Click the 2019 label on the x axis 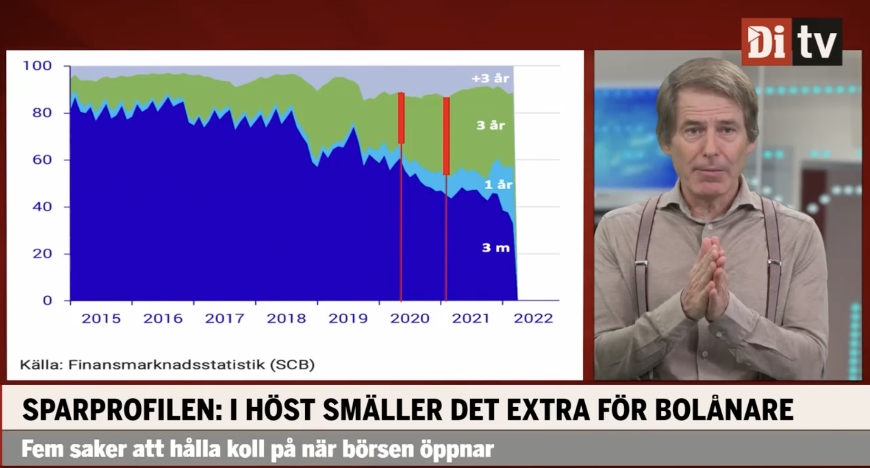click(x=348, y=318)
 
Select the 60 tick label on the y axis click(x=42, y=159)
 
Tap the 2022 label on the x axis click(x=533, y=318)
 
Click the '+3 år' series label click(x=490, y=78)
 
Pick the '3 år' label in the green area click(x=491, y=125)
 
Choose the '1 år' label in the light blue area click(x=498, y=185)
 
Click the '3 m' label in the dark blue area click(x=495, y=247)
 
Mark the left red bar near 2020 click(x=401, y=118)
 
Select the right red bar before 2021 click(x=446, y=136)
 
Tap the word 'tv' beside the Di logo click(x=816, y=42)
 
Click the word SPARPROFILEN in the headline click(x=122, y=410)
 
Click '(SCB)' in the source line click(x=292, y=365)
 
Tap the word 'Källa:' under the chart click(x=41, y=365)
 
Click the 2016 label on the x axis click(x=163, y=318)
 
